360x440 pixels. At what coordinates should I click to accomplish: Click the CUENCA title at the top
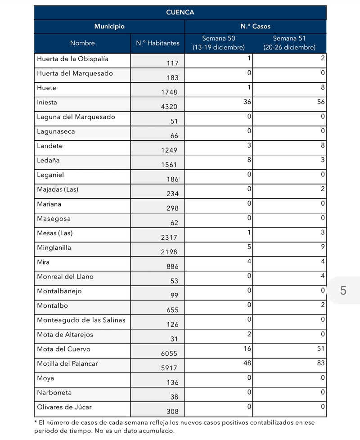pyautogui.click(x=180, y=12)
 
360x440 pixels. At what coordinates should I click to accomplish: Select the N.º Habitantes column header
pyautogui.click(x=157, y=43)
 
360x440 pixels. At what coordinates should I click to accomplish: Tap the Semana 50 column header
pyautogui.click(x=219, y=43)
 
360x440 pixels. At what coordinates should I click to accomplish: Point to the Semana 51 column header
pyautogui.click(x=289, y=43)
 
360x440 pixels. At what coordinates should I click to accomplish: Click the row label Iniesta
pyautogui.click(x=47, y=103)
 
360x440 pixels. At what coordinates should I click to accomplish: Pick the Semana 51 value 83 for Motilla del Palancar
pyautogui.click(x=320, y=363)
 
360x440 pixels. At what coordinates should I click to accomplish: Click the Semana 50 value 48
pyautogui.click(x=247, y=363)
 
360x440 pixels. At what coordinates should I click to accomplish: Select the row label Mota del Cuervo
pyautogui.click(x=63, y=349)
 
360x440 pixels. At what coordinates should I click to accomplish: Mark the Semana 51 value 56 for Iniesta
pyautogui.click(x=320, y=102)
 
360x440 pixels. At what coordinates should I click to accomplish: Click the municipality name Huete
pyautogui.click(x=47, y=88)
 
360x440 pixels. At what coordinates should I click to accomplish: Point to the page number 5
pyautogui.click(x=343, y=291)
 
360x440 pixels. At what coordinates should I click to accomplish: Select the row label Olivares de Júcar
pyautogui.click(x=64, y=407)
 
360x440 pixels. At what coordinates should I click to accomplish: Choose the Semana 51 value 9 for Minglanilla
pyautogui.click(x=323, y=247)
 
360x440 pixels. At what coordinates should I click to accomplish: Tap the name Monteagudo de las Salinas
pyautogui.click(x=81, y=320)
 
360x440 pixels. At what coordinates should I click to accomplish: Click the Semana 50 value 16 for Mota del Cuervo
pyautogui.click(x=247, y=349)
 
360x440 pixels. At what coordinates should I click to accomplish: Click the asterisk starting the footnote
pyautogui.click(x=36, y=422)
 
